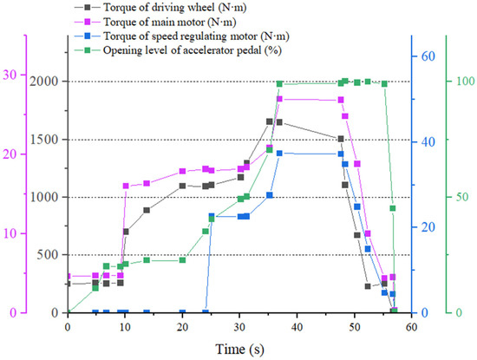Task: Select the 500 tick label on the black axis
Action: [x=49, y=255]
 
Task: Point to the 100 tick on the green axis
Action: [x=466, y=82]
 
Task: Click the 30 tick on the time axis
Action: [x=239, y=327]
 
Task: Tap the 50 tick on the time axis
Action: [x=355, y=327]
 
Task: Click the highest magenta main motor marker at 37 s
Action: [x=279, y=99]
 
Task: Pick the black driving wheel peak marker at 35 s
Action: [x=269, y=121]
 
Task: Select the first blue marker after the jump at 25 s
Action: [x=212, y=216]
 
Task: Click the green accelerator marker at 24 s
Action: [x=206, y=232]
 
